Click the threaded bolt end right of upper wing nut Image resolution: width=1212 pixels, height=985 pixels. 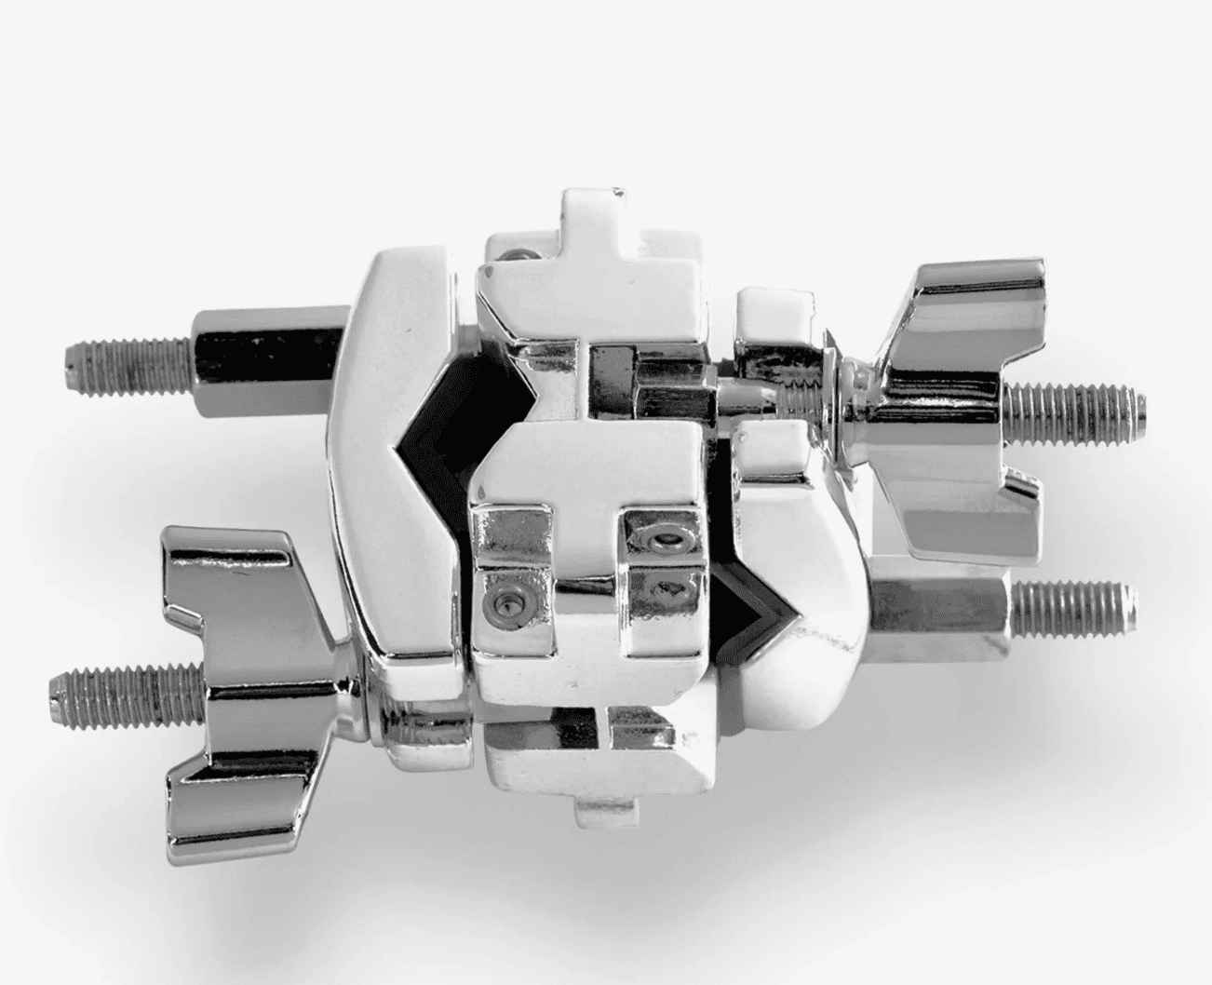coord(1080,402)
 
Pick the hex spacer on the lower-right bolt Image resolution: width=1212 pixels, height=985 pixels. coord(940,605)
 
